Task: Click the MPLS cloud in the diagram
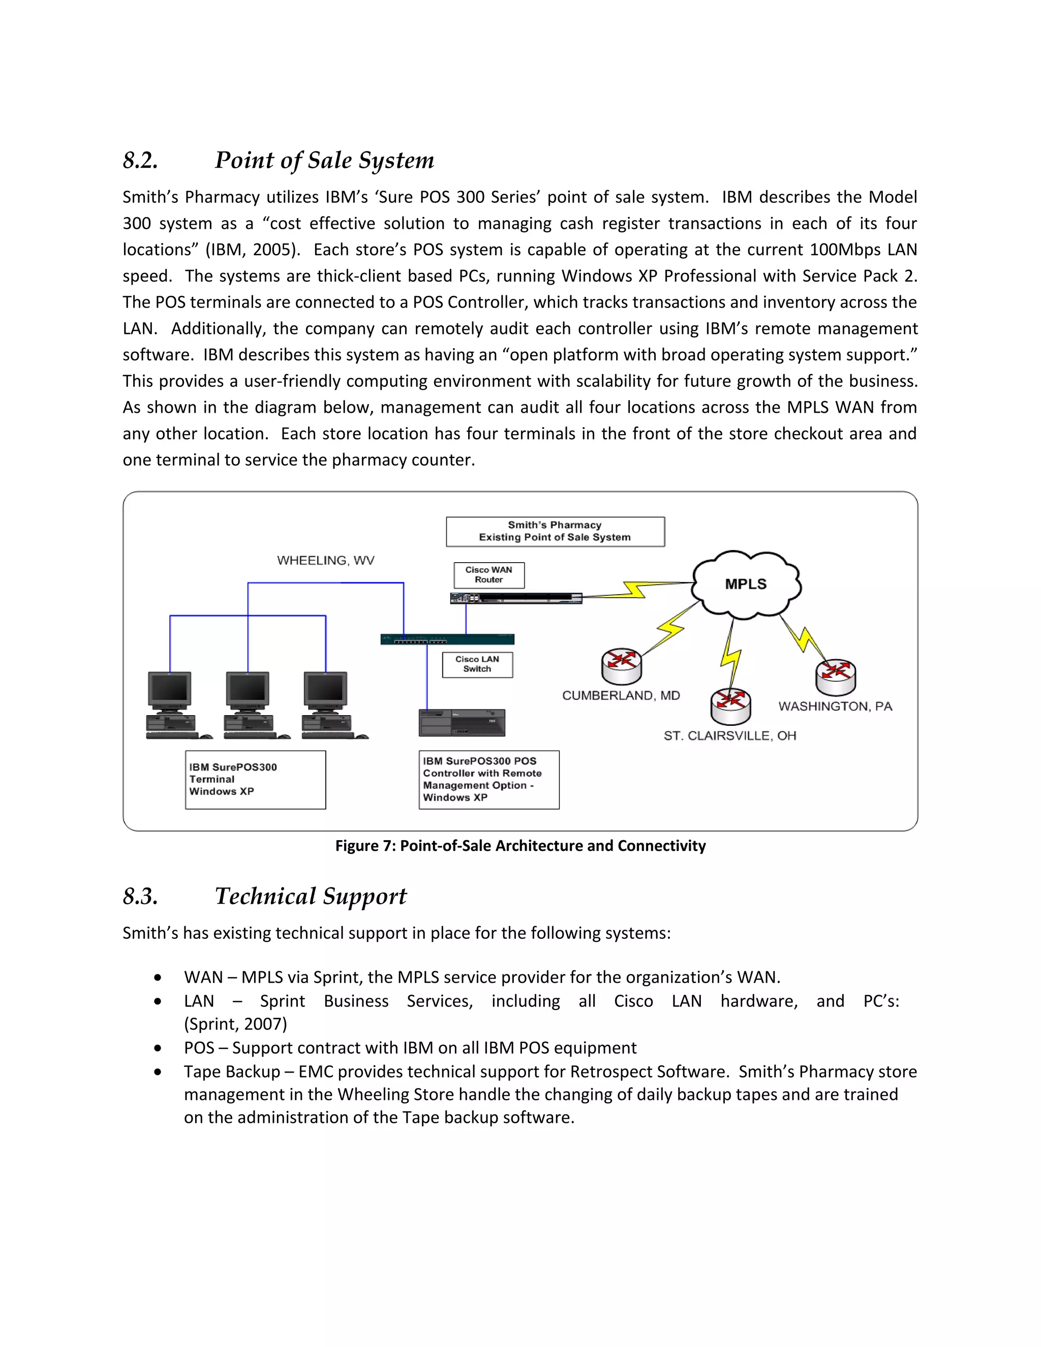pos(746,584)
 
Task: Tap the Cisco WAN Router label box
pos(489,575)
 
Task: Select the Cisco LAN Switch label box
pos(477,664)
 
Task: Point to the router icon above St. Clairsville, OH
pos(731,706)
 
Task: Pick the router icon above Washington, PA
pos(836,677)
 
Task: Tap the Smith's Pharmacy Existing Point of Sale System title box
pos(555,531)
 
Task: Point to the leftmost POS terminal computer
pos(171,705)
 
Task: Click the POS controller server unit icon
pos(462,722)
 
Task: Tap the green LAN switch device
pos(447,639)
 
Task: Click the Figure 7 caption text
pos(520,846)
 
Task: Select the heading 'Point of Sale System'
pos(324,160)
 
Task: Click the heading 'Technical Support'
pos(311,896)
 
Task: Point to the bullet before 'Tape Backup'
pos(159,1072)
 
